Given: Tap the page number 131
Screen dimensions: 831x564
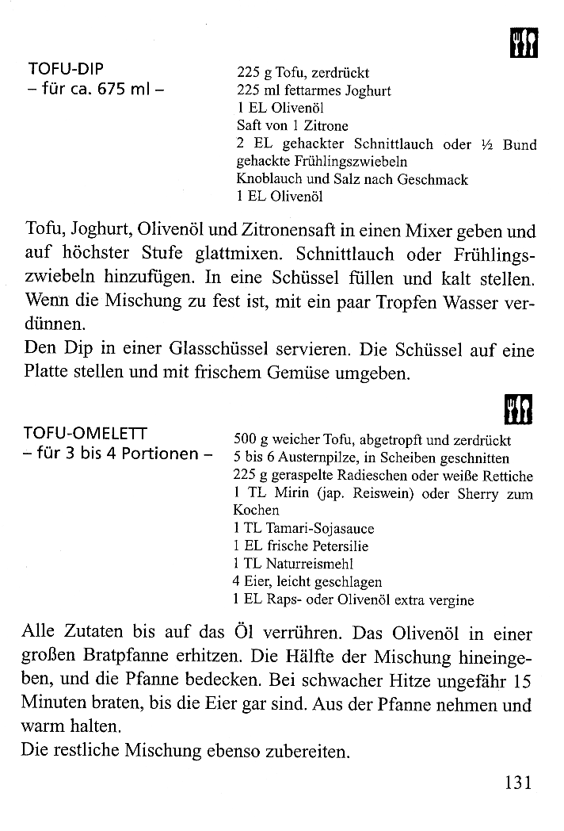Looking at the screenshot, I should (x=516, y=783).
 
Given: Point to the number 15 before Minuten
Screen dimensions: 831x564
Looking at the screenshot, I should (x=520, y=681).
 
